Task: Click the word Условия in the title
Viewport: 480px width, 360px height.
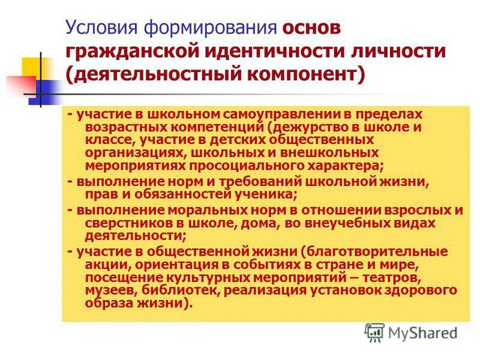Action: (x=101, y=28)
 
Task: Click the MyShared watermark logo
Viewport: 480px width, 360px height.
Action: (x=411, y=331)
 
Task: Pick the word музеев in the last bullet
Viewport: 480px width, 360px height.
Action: (x=109, y=290)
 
